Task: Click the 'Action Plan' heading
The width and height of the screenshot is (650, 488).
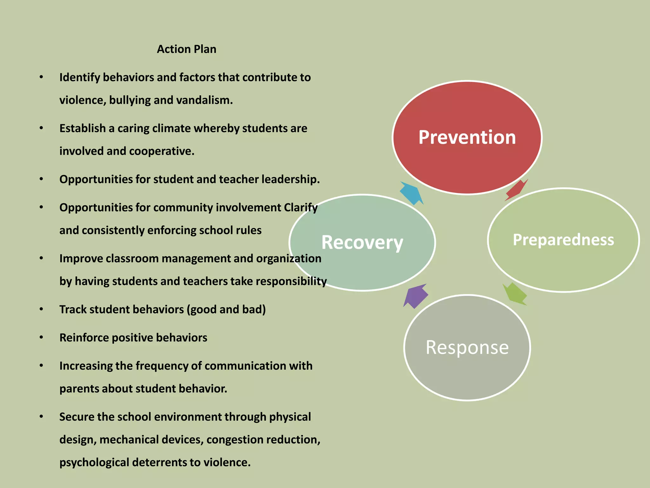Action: point(187,49)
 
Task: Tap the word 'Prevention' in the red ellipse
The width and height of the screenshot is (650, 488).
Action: point(467,137)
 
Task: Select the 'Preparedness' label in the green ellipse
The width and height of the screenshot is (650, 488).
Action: point(563,240)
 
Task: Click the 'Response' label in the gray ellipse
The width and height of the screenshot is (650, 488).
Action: point(467,347)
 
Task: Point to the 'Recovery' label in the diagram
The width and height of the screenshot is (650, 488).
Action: point(362,242)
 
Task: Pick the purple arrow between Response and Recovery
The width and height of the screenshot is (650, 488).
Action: point(415,296)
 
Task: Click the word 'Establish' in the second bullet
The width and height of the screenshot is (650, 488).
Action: point(83,128)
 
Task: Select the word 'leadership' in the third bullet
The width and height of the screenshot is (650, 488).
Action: point(290,180)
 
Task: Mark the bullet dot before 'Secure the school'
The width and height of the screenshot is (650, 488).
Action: point(41,417)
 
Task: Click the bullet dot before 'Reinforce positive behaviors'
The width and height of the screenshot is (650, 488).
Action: point(41,337)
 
